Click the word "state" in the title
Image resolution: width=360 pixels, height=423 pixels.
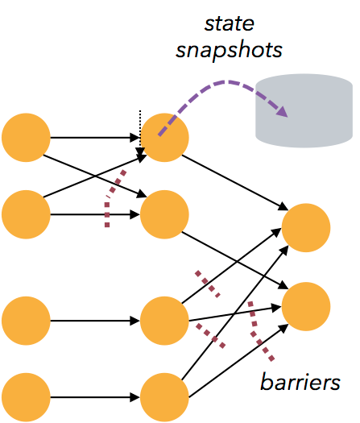230,24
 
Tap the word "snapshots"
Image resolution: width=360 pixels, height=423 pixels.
229,50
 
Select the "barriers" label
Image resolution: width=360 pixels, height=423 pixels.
300,381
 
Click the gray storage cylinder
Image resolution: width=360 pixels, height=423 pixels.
304,111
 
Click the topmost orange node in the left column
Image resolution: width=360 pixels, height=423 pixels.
26,138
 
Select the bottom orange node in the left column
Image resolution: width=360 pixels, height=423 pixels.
26,397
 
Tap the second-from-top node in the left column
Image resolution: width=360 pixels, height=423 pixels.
26,214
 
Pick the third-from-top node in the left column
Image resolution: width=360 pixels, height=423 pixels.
26,321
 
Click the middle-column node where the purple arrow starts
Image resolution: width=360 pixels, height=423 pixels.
164,138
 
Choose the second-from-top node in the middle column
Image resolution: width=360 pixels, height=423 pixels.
164,214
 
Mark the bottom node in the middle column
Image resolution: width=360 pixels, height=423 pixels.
164,397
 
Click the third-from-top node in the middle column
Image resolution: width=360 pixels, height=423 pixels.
164,321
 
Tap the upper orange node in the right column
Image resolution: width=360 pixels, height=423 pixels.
306,228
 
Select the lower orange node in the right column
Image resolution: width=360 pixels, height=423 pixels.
306,306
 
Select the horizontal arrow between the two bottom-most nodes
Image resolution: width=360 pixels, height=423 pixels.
95,397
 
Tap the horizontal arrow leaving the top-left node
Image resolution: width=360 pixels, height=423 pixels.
95,138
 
